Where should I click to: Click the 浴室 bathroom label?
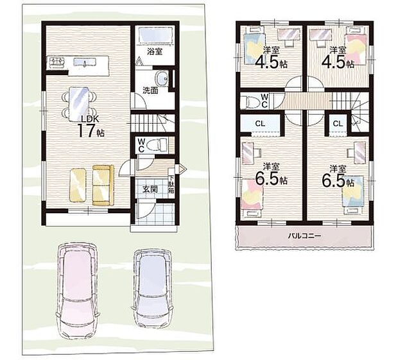tap(155, 51)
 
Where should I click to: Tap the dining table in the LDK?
tap(79, 104)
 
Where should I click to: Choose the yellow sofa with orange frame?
tap(103, 185)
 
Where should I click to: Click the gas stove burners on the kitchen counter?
tap(57, 62)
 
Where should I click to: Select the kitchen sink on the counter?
tap(85, 62)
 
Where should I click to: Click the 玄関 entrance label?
tap(150, 189)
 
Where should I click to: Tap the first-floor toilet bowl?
tap(157, 145)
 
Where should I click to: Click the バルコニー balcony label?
tap(304, 236)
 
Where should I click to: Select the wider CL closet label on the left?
tap(260, 124)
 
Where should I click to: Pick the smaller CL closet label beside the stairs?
tap(338, 124)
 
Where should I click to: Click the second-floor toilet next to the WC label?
tap(250, 101)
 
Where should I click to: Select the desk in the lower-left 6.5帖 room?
tap(248, 153)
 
